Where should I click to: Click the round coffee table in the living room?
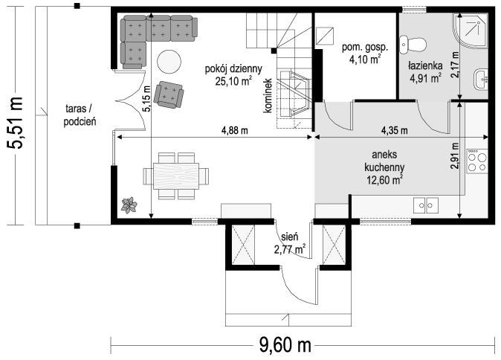(169, 62)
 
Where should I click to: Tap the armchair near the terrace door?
(169, 94)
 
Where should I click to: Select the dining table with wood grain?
(176, 176)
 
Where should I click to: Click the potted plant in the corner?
(129, 205)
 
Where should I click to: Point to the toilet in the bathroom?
(413, 45)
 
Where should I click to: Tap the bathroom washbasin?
(480, 79)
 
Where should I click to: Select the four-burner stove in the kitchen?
(477, 161)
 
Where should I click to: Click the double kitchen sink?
(426, 205)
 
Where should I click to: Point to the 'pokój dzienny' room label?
(233, 68)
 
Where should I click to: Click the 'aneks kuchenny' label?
(384, 161)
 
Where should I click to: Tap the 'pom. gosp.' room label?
(365, 48)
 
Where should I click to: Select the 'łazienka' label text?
(425, 65)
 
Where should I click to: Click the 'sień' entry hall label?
(290, 237)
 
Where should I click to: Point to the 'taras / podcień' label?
(80, 115)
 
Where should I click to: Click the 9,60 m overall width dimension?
(285, 345)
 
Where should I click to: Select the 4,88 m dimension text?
(235, 130)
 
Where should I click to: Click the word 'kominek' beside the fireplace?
(268, 96)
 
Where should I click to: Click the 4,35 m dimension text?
(394, 130)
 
